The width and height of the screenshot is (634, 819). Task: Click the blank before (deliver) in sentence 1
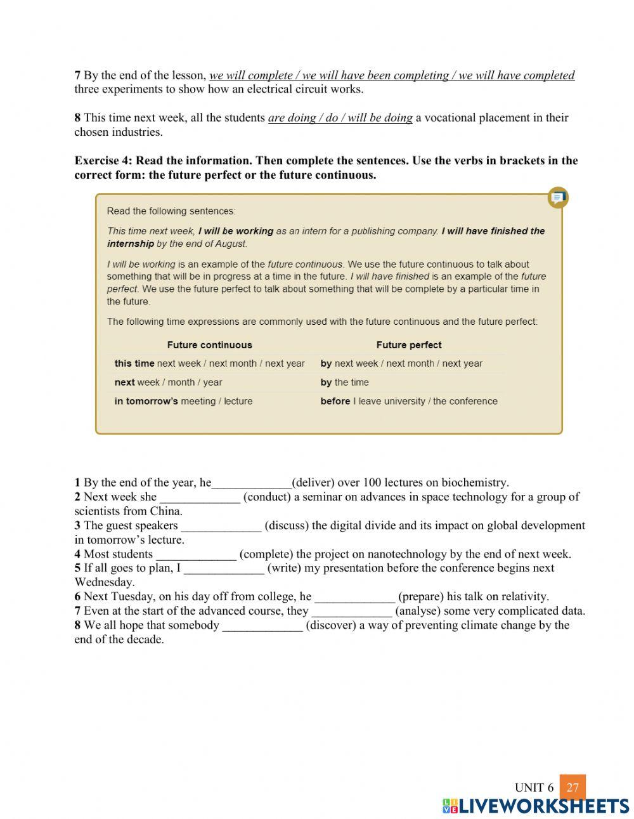tap(252, 483)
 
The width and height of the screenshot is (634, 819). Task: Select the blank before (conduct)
tap(200, 497)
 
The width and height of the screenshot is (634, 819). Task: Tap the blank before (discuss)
tap(221, 526)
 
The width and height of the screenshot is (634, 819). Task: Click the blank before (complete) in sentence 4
tap(196, 554)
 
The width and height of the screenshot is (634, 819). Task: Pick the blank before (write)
tap(224, 568)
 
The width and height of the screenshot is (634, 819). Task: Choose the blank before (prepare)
tap(355, 597)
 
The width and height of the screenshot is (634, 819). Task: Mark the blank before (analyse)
tap(352, 612)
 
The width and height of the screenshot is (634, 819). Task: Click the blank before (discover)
tap(262, 626)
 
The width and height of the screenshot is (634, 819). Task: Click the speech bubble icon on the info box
tap(557, 198)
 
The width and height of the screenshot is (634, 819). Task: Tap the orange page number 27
tap(573, 787)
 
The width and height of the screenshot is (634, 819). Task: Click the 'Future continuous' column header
tap(209, 345)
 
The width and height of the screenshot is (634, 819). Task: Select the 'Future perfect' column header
tap(409, 345)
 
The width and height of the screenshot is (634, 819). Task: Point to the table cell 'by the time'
tap(344, 383)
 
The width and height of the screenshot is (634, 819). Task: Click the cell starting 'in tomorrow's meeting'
tap(183, 402)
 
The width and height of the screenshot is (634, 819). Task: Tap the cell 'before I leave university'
tap(409, 402)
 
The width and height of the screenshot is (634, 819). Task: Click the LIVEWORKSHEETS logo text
tap(543, 806)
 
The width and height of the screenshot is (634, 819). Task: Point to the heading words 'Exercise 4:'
tap(103, 161)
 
